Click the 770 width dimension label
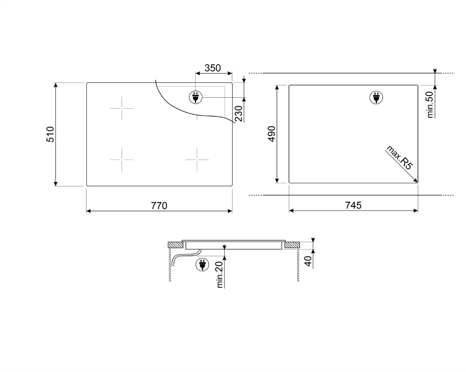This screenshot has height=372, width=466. point(159,206)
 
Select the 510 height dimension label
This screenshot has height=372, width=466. point(50,134)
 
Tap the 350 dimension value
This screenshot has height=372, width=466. point(213,68)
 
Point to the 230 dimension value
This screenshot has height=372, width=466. point(238,113)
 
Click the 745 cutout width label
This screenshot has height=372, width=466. point(353,205)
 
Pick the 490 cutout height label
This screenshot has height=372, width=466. point(272,134)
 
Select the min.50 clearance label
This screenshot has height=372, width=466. point(430,105)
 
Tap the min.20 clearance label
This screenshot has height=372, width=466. point(220,275)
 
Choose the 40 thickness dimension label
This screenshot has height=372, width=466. point(308,261)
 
